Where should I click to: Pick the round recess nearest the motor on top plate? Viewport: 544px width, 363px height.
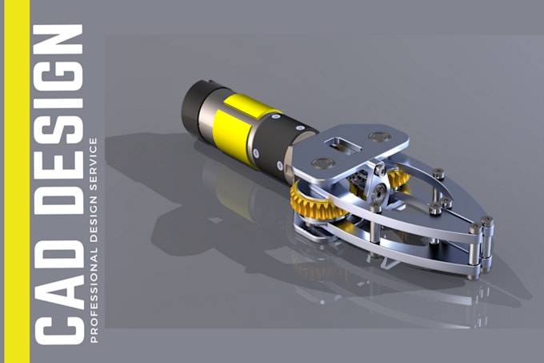(323, 163)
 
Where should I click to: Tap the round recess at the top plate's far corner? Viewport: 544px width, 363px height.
(380, 137)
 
